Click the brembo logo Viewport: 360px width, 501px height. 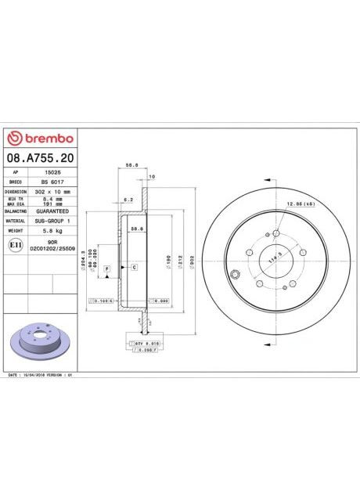point(40,138)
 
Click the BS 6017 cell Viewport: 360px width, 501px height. point(51,181)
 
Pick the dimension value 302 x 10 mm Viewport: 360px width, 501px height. point(51,191)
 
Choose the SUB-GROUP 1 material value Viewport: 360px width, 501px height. point(52,222)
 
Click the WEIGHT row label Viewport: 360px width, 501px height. point(16,232)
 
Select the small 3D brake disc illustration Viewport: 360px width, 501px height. point(38,337)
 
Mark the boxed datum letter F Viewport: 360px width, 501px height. point(106,269)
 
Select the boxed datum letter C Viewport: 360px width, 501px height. point(134,268)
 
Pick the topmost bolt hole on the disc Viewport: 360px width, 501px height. point(275,232)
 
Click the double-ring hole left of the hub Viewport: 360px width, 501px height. point(235,274)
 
